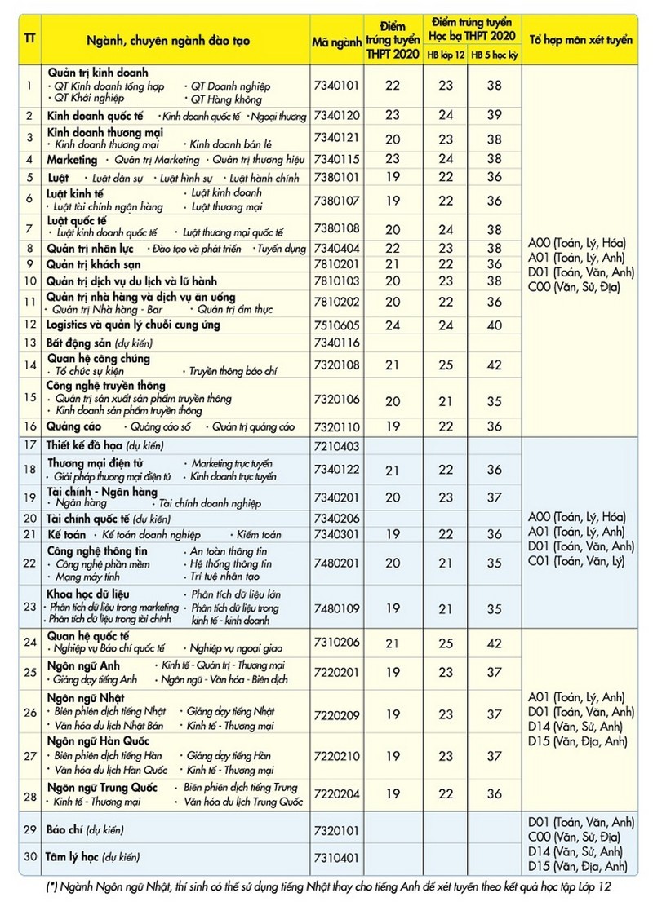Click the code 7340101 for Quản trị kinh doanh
click(x=336, y=85)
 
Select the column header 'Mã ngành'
click(x=336, y=40)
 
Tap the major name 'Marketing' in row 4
click(x=72, y=160)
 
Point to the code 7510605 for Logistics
click(x=336, y=325)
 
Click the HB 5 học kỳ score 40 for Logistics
click(x=494, y=325)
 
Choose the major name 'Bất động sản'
click(x=80, y=343)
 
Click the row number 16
click(x=29, y=426)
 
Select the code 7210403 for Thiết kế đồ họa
click(x=336, y=446)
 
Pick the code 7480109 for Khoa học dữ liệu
click(x=336, y=608)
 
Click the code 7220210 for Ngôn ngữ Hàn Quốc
click(x=336, y=756)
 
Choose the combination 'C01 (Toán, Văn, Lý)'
click(x=576, y=561)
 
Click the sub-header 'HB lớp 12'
click(x=446, y=54)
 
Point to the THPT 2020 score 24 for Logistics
click(x=393, y=325)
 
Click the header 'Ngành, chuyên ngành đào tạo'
click(x=176, y=40)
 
